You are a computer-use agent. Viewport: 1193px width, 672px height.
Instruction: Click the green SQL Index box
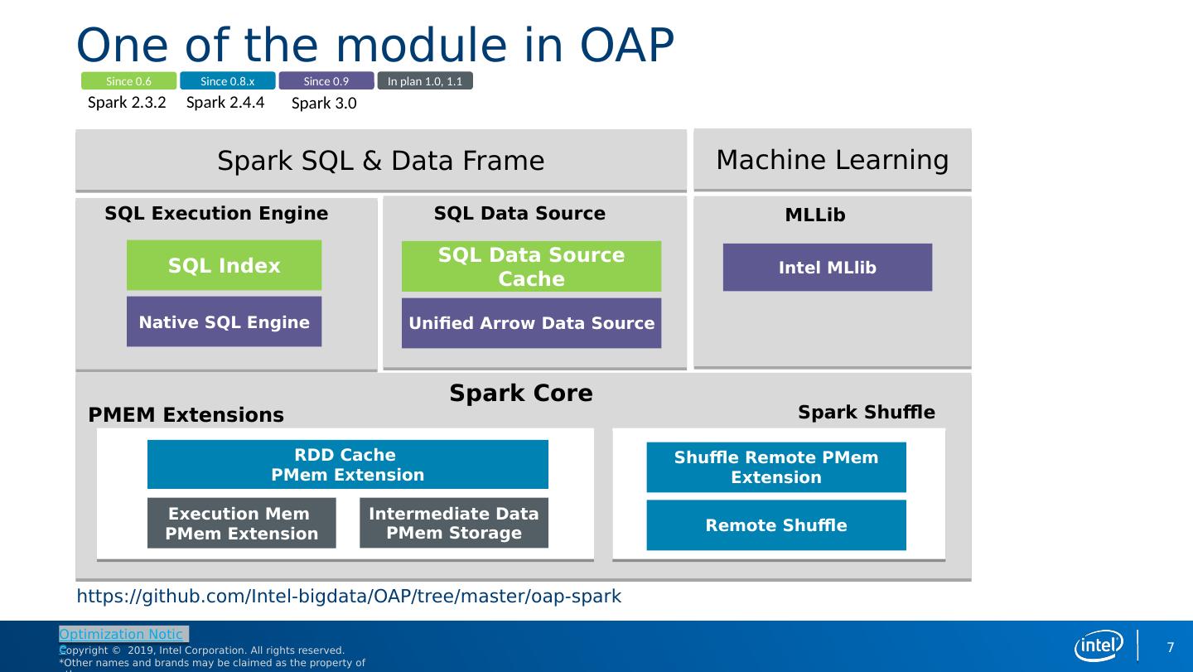tap(224, 265)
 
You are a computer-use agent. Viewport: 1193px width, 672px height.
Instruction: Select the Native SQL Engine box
tap(224, 321)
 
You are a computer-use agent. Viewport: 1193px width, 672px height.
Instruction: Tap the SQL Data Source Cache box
tap(531, 266)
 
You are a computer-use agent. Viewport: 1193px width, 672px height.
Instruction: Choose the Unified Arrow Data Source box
tap(531, 323)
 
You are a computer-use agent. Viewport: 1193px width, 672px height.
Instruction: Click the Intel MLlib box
tap(827, 267)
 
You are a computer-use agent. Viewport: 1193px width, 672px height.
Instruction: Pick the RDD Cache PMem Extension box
tap(347, 464)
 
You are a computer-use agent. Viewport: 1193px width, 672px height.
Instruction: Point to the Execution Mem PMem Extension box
tap(241, 523)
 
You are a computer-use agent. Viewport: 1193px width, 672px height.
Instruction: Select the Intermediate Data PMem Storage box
tap(453, 523)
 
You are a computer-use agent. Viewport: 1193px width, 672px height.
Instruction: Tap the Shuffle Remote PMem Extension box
tap(775, 467)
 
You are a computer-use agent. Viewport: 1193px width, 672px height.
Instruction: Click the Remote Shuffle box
tap(775, 525)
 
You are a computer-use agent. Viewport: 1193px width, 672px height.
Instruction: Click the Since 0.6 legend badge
tap(128, 81)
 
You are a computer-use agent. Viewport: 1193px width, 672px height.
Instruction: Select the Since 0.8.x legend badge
tap(227, 81)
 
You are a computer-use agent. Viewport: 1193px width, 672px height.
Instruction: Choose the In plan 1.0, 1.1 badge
tap(425, 81)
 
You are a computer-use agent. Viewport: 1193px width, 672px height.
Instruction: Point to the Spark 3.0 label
tap(324, 104)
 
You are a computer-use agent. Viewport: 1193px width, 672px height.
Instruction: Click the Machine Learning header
tap(832, 160)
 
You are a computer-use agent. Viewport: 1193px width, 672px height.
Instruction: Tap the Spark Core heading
tap(521, 394)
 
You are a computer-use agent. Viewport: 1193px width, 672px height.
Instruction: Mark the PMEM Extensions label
tap(186, 415)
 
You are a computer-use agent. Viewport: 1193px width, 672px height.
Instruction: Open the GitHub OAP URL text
tap(349, 597)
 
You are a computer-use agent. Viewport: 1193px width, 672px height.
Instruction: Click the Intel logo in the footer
tap(1099, 646)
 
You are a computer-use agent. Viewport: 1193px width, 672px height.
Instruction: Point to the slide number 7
tap(1171, 647)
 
